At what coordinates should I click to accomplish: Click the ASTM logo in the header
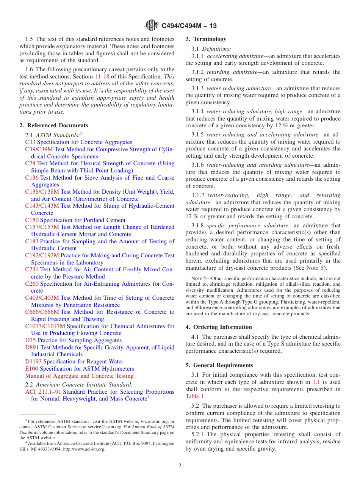[152, 26]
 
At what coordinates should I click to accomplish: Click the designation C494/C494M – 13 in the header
[189, 26]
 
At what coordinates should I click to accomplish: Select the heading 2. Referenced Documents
[53, 125]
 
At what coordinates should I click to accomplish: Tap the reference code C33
[30, 142]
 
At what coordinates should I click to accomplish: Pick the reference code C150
[32, 220]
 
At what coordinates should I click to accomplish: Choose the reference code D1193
[33, 361]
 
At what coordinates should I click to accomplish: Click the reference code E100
[31, 369]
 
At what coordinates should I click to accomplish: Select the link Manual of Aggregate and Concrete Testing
[79, 376]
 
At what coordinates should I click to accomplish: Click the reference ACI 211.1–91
[43, 392]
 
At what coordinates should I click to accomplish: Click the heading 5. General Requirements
[219, 365]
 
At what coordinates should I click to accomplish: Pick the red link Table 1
[195, 396]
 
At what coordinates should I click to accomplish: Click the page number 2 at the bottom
[180, 466]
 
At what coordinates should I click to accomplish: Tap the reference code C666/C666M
[42, 312]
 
